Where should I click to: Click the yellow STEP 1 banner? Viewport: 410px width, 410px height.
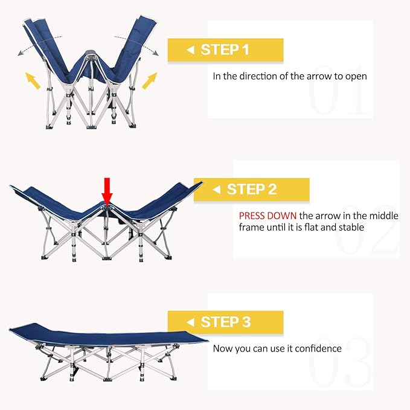click(x=225, y=50)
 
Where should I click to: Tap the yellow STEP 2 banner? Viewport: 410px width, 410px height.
click(x=251, y=190)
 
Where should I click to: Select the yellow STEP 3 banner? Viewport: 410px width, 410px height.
click(x=225, y=322)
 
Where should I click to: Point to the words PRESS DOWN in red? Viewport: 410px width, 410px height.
click(x=267, y=216)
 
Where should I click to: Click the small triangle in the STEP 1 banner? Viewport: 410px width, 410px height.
click(x=190, y=50)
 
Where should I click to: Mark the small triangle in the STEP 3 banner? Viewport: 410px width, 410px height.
click(x=190, y=322)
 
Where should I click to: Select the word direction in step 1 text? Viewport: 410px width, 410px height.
click(x=260, y=77)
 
